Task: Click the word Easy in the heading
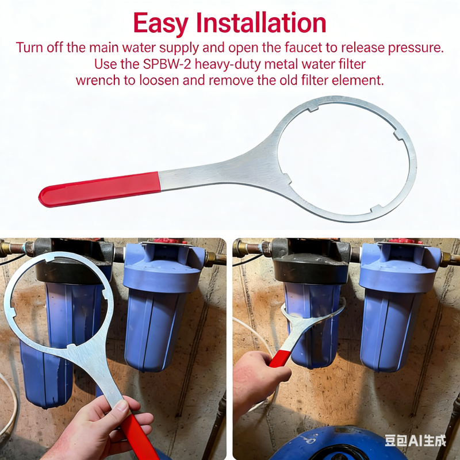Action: pos(161,24)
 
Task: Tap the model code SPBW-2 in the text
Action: pos(167,64)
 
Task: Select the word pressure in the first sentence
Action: pos(416,48)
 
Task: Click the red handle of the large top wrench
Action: pos(99,189)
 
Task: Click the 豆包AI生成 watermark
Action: pos(415,440)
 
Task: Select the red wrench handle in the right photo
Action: pos(279,358)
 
